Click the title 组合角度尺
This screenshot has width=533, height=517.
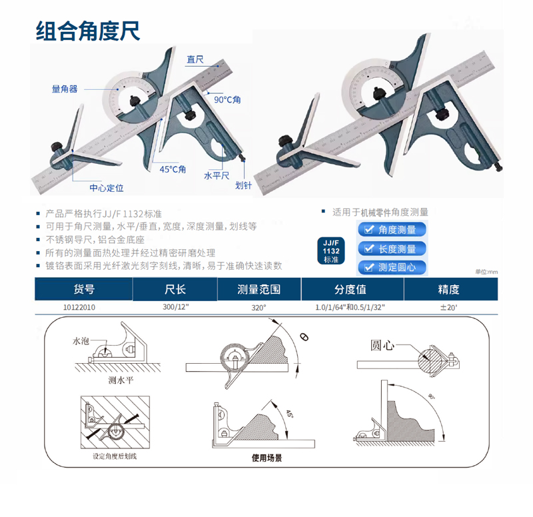[x=88, y=31]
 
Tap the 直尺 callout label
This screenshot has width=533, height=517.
[x=195, y=59]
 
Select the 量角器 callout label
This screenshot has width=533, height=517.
[x=65, y=89]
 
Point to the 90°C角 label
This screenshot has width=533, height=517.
[x=227, y=99]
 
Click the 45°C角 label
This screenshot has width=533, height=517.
[x=173, y=169]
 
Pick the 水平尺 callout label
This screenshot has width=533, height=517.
[x=217, y=175]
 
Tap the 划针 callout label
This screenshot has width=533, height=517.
[x=243, y=185]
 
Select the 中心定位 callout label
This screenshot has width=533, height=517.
[x=107, y=188]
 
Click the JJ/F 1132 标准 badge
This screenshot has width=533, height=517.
[x=331, y=251]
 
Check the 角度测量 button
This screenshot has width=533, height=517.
[x=392, y=230]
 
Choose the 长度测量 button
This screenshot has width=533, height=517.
[x=392, y=249]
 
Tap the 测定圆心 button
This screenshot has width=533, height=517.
[x=392, y=268]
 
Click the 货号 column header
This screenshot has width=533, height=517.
[x=84, y=289]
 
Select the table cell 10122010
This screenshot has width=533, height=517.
[x=79, y=307]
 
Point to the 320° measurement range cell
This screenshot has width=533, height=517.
[x=259, y=308]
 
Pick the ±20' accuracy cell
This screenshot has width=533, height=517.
[x=448, y=308]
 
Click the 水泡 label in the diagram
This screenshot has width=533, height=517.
[x=81, y=341]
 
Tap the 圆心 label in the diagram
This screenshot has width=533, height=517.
[x=382, y=345]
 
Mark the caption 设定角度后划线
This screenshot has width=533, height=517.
[x=115, y=456]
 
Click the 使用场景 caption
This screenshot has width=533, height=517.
[x=267, y=458]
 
